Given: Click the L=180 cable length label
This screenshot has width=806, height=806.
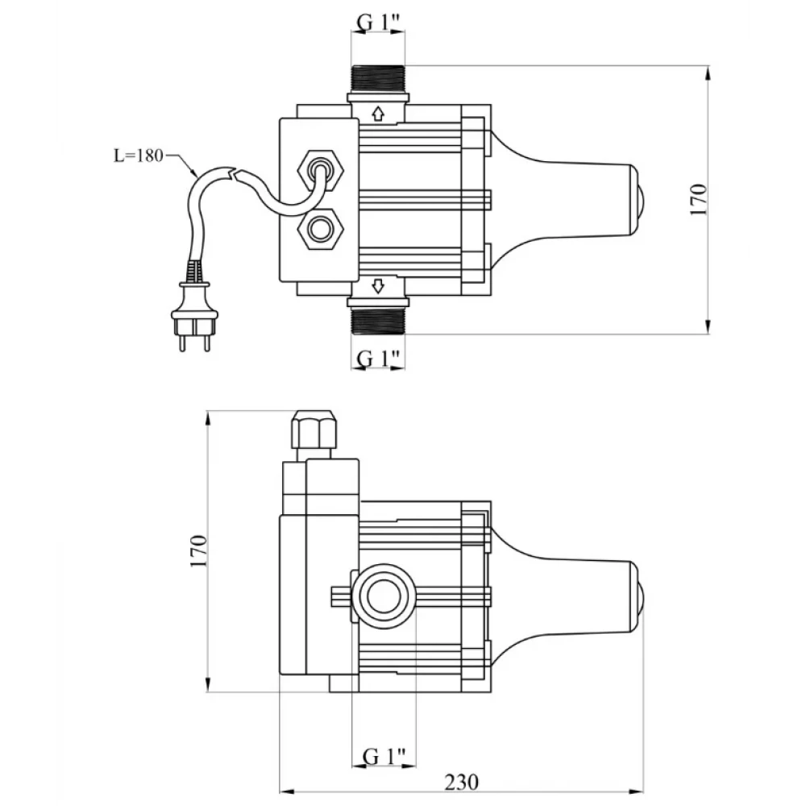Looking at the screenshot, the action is tap(138, 156).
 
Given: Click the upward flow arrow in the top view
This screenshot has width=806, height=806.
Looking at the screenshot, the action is tap(378, 114).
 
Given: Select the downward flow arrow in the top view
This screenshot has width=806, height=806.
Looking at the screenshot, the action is tap(378, 286).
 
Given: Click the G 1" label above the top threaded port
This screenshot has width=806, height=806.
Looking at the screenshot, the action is tap(378, 22).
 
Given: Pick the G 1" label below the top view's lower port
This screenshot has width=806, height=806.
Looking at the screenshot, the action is tap(378, 358).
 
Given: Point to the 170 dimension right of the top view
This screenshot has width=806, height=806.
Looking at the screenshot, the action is tap(699, 199).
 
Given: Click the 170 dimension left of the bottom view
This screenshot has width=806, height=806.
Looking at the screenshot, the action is tap(198, 551).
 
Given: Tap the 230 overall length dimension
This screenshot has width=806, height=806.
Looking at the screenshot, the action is tap(461, 782).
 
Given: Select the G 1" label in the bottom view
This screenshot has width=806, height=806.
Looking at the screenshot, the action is tap(384, 756).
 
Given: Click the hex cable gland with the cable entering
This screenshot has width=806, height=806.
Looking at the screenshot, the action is tap(322, 170).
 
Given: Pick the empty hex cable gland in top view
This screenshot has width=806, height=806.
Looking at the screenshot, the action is tap(322, 229).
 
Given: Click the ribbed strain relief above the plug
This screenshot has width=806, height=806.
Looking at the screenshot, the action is tap(193, 272).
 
